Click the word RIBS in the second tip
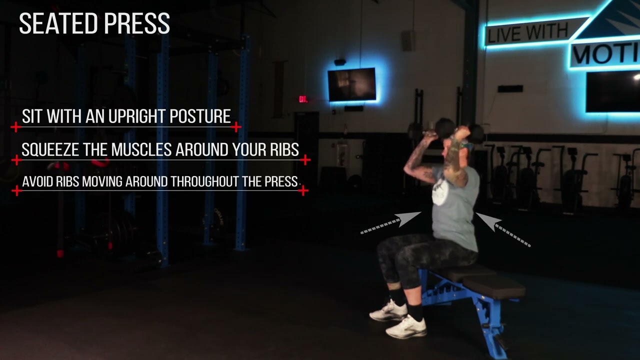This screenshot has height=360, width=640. pos(281,149)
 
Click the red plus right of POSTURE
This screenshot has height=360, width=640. pos(236,127)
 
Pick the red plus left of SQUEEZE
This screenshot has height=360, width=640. pos(16,160)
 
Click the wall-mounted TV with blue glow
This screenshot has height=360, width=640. pos(351,84)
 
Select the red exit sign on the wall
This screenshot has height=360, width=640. pos(303,99)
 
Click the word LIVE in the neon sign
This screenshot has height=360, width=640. pos(505,35)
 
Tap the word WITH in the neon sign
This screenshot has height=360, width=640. pos(548,31)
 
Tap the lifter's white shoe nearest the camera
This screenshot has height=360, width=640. pos(405,327)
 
